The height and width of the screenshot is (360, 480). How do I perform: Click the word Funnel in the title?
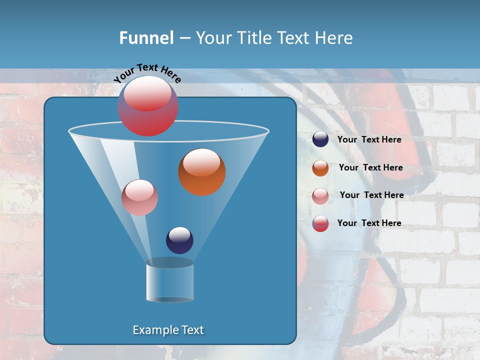pos(146,38)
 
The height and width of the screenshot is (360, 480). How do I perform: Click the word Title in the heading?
pos(252,38)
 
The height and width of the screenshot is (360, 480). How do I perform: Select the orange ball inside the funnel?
pos(202,172)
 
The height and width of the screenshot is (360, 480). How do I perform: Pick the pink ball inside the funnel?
pos(139,197)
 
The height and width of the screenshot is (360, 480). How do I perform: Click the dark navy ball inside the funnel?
pos(179,240)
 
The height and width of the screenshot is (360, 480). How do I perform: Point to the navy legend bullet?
pos(320,139)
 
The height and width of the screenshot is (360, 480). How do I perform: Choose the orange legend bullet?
pos(320,167)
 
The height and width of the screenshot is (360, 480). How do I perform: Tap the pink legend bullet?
pos(320,195)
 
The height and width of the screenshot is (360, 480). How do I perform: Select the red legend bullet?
pos(320,223)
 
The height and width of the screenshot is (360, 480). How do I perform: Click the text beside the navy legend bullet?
pos(369,140)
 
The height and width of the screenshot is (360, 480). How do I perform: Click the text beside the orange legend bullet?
pos(370,168)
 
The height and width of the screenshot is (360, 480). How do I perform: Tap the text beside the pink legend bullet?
pos(371,195)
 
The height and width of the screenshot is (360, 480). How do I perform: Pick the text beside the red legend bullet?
pos(369,223)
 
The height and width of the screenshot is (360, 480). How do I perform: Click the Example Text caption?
pos(168,330)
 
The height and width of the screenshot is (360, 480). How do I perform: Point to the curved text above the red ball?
pos(147,72)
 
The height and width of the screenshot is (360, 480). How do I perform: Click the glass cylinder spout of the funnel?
pos(170,281)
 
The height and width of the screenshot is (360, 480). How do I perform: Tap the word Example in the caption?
pos(151,330)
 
